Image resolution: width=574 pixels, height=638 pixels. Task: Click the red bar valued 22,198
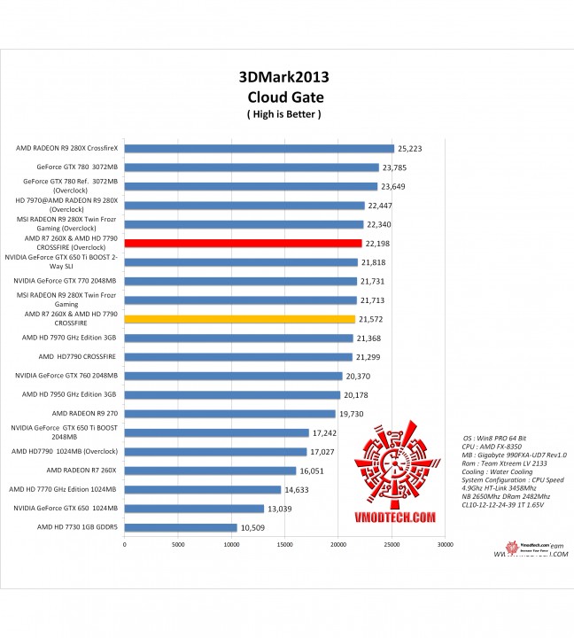(x=243, y=243)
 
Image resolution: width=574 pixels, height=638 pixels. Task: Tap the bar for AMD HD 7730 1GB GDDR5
(x=181, y=527)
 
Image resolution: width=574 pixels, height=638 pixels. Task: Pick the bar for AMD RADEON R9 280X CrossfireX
(x=259, y=148)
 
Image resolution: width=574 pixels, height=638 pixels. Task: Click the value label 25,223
(x=411, y=149)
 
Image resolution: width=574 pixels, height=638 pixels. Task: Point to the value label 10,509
(x=254, y=528)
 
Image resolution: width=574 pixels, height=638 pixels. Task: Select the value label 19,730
(x=353, y=414)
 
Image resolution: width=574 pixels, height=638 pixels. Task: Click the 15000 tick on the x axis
(x=284, y=545)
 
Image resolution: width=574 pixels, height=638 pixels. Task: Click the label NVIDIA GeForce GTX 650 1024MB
(x=66, y=508)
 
